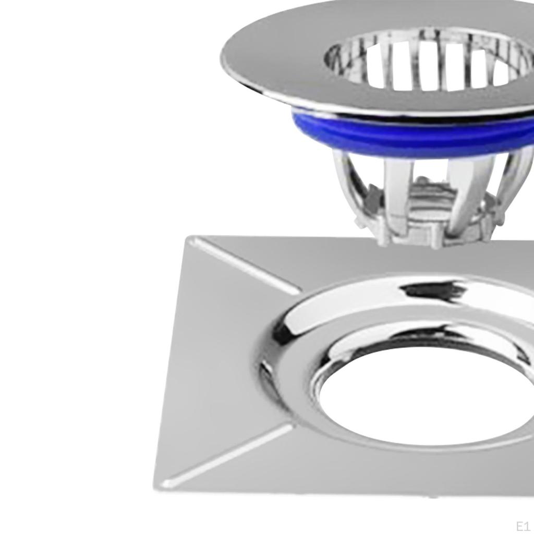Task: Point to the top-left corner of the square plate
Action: (x=188, y=237)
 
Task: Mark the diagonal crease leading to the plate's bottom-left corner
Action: (x=228, y=453)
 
